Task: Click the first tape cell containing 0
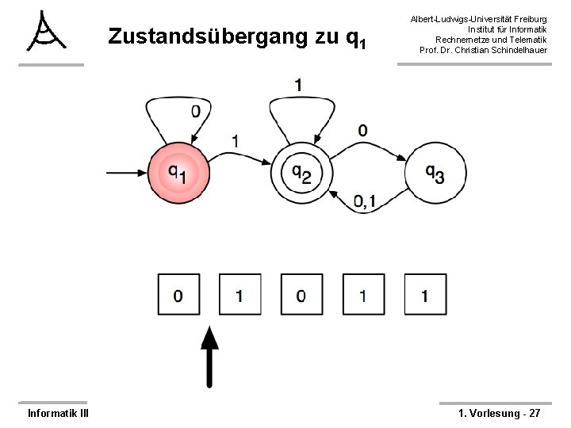tap(178, 296)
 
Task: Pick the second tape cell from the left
tap(240, 296)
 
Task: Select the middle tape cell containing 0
tap(301, 296)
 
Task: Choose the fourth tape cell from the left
tap(362, 296)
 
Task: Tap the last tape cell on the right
tap(424, 296)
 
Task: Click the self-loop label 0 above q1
tap(195, 112)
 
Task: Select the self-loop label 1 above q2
tap(297, 83)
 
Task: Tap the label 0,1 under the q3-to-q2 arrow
tap(365, 204)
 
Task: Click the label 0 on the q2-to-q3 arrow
tap(362, 130)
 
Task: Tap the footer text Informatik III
tap(58, 413)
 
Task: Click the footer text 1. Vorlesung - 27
tap(500, 413)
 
